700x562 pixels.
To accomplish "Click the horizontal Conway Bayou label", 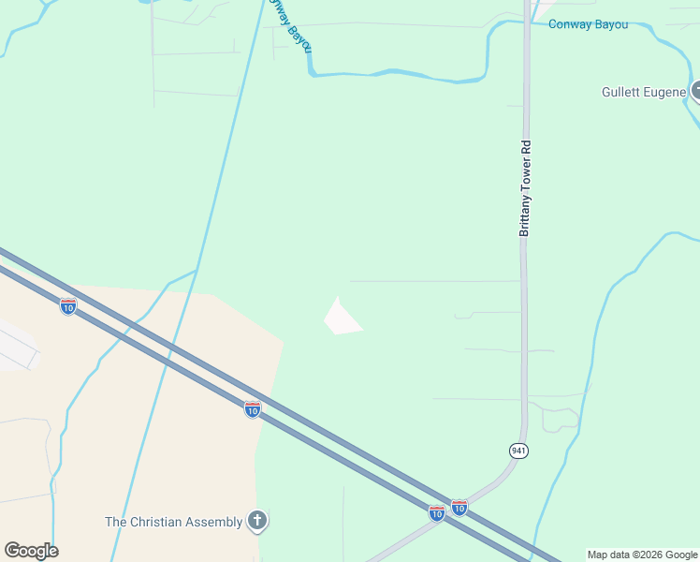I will pos(588,25).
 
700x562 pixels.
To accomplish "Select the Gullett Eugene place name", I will pos(644,92).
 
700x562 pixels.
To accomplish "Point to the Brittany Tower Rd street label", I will pos(526,187).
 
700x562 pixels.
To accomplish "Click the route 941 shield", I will pos(518,451).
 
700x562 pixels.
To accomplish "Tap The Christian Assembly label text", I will pos(173,522).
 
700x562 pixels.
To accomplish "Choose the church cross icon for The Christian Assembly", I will pos(257,521).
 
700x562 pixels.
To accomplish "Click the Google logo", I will pos(31,550).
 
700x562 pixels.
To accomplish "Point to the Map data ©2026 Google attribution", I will pos(642,555).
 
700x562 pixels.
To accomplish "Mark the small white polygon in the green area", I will pos(341,318).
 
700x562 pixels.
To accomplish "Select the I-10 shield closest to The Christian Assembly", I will pos(252,409).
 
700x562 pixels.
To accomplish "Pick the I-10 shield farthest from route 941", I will pos(67,306).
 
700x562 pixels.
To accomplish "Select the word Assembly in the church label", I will pos(213,522).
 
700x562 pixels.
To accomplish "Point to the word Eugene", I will pos(668,92).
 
